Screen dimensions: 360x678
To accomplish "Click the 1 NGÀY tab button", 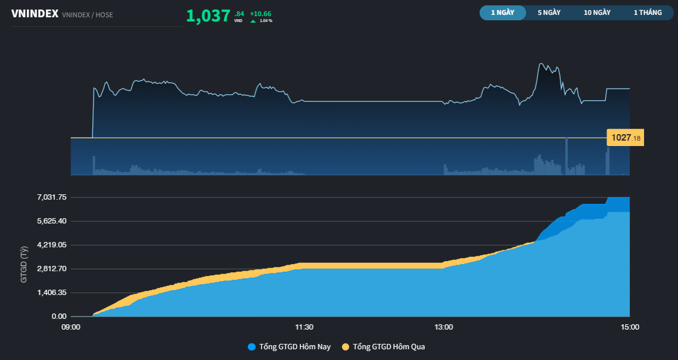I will (x=502, y=13).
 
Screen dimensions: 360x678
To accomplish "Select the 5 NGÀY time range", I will (x=549, y=13).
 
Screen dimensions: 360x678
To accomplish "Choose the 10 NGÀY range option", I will (x=597, y=13).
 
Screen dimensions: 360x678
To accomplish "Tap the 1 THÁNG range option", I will (x=648, y=13).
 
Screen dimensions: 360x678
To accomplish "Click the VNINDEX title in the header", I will (x=35, y=14).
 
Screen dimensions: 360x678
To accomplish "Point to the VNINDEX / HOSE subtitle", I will (x=87, y=15).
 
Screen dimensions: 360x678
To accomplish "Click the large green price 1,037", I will (x=208, y=15).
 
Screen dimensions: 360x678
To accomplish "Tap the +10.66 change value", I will (x=260, y=13).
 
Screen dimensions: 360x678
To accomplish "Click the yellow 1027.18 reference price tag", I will (x=626, y=138).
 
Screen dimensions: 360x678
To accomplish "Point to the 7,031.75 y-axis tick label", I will (x=51, y=197).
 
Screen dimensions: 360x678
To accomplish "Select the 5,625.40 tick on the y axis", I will (x=51, y=221).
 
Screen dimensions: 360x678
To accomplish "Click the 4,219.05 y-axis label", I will (x=51, y=245).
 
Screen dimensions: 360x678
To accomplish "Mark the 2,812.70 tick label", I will (x=51, y=269).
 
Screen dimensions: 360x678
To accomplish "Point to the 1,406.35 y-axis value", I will (x=51, y=293).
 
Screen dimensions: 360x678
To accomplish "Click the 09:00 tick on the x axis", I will (x=71, y=327).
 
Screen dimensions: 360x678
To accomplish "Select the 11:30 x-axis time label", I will (x=304, y=327).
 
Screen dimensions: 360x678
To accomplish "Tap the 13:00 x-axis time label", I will (x=444, y=327).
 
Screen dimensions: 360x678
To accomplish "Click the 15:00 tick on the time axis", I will (x=630, y=327).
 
